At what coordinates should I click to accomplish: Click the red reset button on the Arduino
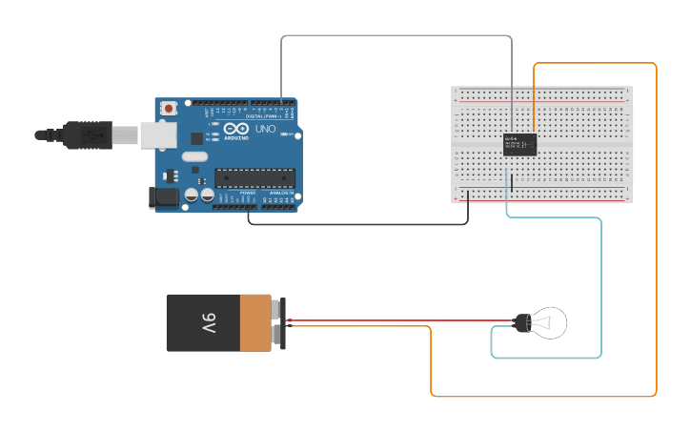(x=169, y=109)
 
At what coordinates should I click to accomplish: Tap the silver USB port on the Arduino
(x=158, y=134)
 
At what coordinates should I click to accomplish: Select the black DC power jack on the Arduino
(x=163, y=197)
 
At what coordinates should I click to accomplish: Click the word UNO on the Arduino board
(x=266, y=129)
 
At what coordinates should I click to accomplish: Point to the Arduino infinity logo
(x=237, y=129)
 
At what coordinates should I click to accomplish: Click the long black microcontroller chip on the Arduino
(x=254, y=176)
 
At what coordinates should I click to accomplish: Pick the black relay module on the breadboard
(x=519, y=144)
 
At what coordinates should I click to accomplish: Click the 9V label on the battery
(x=209, y=323)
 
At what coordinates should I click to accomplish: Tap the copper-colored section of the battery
(x=254, y=323)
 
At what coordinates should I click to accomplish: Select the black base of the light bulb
(x=521, y=323)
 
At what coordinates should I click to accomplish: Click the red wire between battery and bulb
(x=400, y=320)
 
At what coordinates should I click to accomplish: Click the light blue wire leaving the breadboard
(x=601, y=286)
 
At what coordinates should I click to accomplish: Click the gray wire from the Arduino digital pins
(x=396, y=36)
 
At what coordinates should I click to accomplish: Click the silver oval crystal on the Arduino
(x=194, y=156)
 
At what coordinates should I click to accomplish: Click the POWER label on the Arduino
(x=247, y=193)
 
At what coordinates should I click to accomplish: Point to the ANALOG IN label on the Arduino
(x=281, y=193)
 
